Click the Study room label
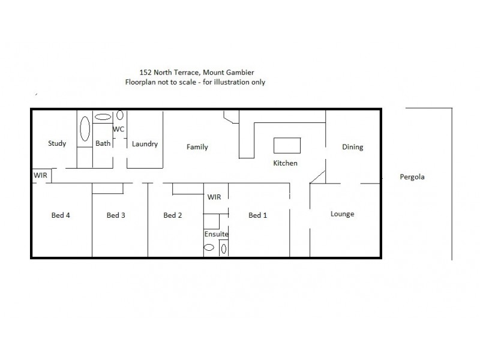pyautogui.click(x=57, y=143)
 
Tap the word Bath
pyautogui.click(x=103, y=143)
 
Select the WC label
pyautogui.click(x=118, y=129)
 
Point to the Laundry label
pyautogui.click(x=145, y=144)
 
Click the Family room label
pyautogui.click(x=197, y=147)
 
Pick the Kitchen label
pyautogui.click(x=285, y=163)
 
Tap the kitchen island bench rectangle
pyautogui.click(x=286, y=146)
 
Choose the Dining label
pyautogui.click(x=352, y=147)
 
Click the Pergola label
pyautogui.click(x=412, y=177)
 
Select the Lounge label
pyautogui.click(x=343, y=214)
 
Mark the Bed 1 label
pyautogui.click(x=257, y=215)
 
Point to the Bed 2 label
pyautogui.click(x=172, y=215)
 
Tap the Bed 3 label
pyautogui.click(x=116, y=215)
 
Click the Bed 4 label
pyautogui.click(x=61, y=215)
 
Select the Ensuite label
pyautogui.click(x=217, y=234)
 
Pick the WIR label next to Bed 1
pyautogui.click(x=214, y=197)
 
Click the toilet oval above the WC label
pyautogui.click(x=120, y=115)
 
